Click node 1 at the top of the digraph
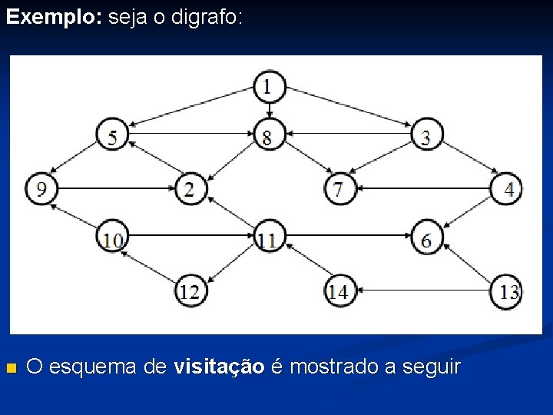coord(268,86)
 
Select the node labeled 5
coord(113,136)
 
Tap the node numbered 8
coord(268,137)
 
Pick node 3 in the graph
coord(426,137)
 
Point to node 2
coord(190,188)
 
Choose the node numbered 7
coord(339,188)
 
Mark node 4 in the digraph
coord(506,188)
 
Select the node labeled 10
coord(112,239)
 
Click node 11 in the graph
coord(268,239)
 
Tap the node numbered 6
coord(426,239)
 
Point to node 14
coord(339,291)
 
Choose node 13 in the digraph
coord(507,291)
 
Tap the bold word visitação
coord(220,367)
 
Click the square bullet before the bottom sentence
coord(10,368)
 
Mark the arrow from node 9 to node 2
coord(115,188)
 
